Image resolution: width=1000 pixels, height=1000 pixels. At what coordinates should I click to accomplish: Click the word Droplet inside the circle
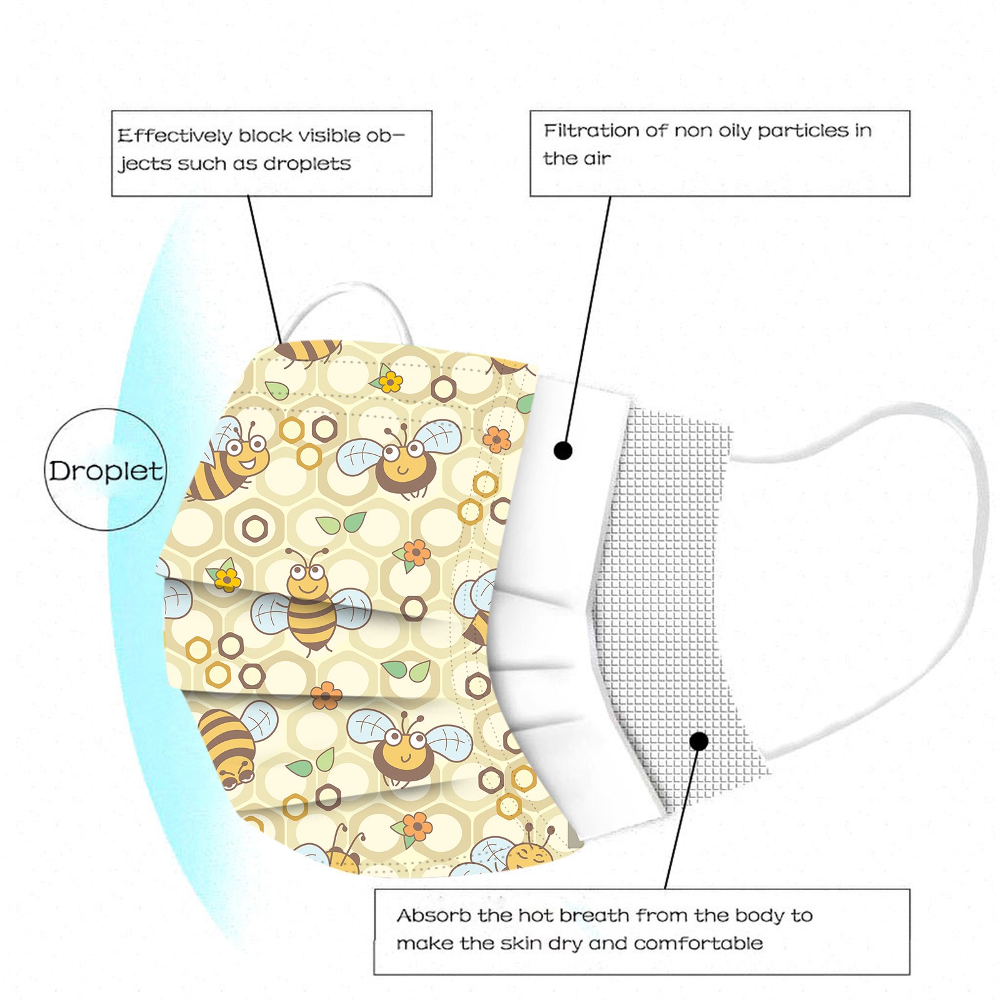tap(106, 471)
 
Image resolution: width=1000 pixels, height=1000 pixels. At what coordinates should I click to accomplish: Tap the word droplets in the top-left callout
tap(307, 164)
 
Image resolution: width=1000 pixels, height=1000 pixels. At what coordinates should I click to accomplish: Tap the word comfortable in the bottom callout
tap(698, 942)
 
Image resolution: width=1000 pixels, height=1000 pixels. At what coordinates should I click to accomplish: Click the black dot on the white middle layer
tap(563, 450)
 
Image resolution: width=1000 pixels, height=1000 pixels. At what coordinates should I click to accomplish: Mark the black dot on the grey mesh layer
tap(699, 741)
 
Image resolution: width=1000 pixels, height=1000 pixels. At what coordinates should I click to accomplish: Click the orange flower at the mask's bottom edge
tap(417, 826)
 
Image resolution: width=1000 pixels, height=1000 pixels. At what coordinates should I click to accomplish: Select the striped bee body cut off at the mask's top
tap(309, 351)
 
